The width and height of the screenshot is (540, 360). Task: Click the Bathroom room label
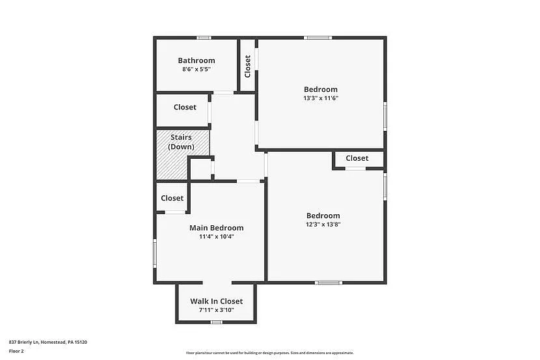click(x=196, y=61)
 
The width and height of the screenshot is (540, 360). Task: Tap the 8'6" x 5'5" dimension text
click(x=196, y=69)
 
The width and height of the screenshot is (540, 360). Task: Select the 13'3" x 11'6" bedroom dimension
click(x=321, y=98)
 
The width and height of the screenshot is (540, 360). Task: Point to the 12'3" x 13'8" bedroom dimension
click(x=323, y=225)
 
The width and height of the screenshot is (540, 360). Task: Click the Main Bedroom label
click(x=216, y=228)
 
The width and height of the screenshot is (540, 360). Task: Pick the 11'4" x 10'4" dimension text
click(x=216, y=237)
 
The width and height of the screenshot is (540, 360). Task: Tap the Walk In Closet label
click(x=216, y=301)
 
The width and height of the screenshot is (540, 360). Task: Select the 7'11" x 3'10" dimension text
click(x=216, y=311)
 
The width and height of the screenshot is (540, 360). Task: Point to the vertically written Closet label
click(x=248, y=66)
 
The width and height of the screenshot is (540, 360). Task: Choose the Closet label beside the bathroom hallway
click(x=185, y=107)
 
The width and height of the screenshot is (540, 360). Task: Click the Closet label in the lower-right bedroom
click(x=357, y=158)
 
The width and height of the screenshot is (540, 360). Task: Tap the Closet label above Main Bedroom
click(x=172, y=198)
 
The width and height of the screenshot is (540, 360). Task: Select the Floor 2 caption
click(x=16, y=351)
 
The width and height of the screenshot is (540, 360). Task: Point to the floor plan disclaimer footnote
click(x=270, y=353)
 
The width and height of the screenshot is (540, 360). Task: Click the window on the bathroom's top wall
click(x=204, y=38)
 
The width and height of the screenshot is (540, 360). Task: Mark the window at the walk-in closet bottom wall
click(x=217, y=322)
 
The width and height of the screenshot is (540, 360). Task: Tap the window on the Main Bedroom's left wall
click(x=155, y=253)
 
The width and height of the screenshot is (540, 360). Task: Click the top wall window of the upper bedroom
click(x=319, y=38)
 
